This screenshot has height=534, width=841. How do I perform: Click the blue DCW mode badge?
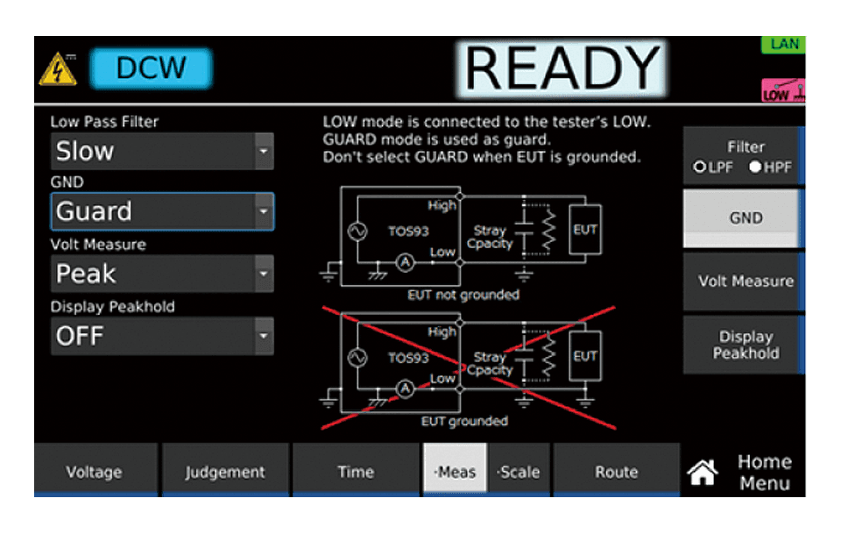tap(152, 68)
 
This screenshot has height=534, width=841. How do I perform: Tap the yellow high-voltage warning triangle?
tap(58, 69)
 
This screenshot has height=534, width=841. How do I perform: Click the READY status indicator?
tap(562, 68)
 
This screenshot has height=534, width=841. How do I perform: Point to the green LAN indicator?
tap(783, 45)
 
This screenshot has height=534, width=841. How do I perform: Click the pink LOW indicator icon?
tap(783, 90)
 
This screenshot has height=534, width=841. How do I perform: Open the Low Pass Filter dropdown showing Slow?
tap(162, 152)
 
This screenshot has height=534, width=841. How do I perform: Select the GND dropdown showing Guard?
tap(162, 211)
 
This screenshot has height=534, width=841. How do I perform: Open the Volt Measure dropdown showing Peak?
tap(162, 274)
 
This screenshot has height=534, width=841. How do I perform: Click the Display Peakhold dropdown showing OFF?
tap(162, 336)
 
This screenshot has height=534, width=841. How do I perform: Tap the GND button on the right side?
tap(744, 217)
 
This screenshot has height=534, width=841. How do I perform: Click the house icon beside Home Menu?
tap(703, 473)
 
